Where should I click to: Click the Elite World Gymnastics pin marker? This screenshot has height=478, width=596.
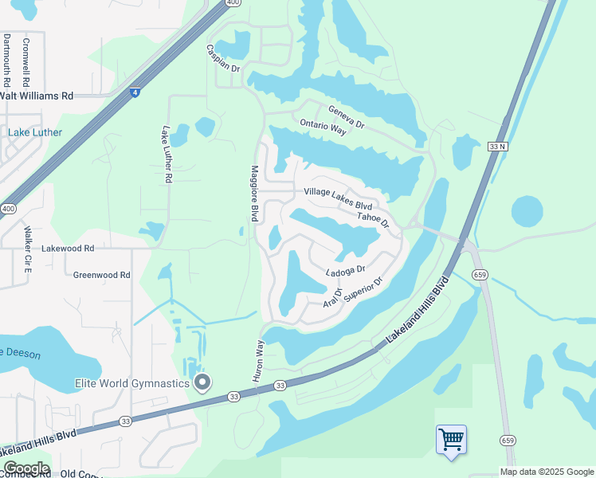(202, 383)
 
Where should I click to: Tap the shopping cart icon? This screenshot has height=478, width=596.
(451, 439)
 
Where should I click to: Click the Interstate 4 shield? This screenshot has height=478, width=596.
(136, 93)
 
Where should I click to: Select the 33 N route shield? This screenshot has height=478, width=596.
(497, 147)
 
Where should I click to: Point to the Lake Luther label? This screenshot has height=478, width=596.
(35, 132)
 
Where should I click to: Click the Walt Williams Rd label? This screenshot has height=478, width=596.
(37, 96)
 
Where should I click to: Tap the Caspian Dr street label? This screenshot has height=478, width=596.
(223, 58)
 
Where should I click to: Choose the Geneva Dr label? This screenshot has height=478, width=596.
(346, 116)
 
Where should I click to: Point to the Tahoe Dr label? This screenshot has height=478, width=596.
(373, 217)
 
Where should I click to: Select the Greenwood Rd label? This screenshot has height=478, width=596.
(101, 275)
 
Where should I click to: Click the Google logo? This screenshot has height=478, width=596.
(25, 468)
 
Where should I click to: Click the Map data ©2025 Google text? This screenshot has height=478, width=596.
(546, 472)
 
